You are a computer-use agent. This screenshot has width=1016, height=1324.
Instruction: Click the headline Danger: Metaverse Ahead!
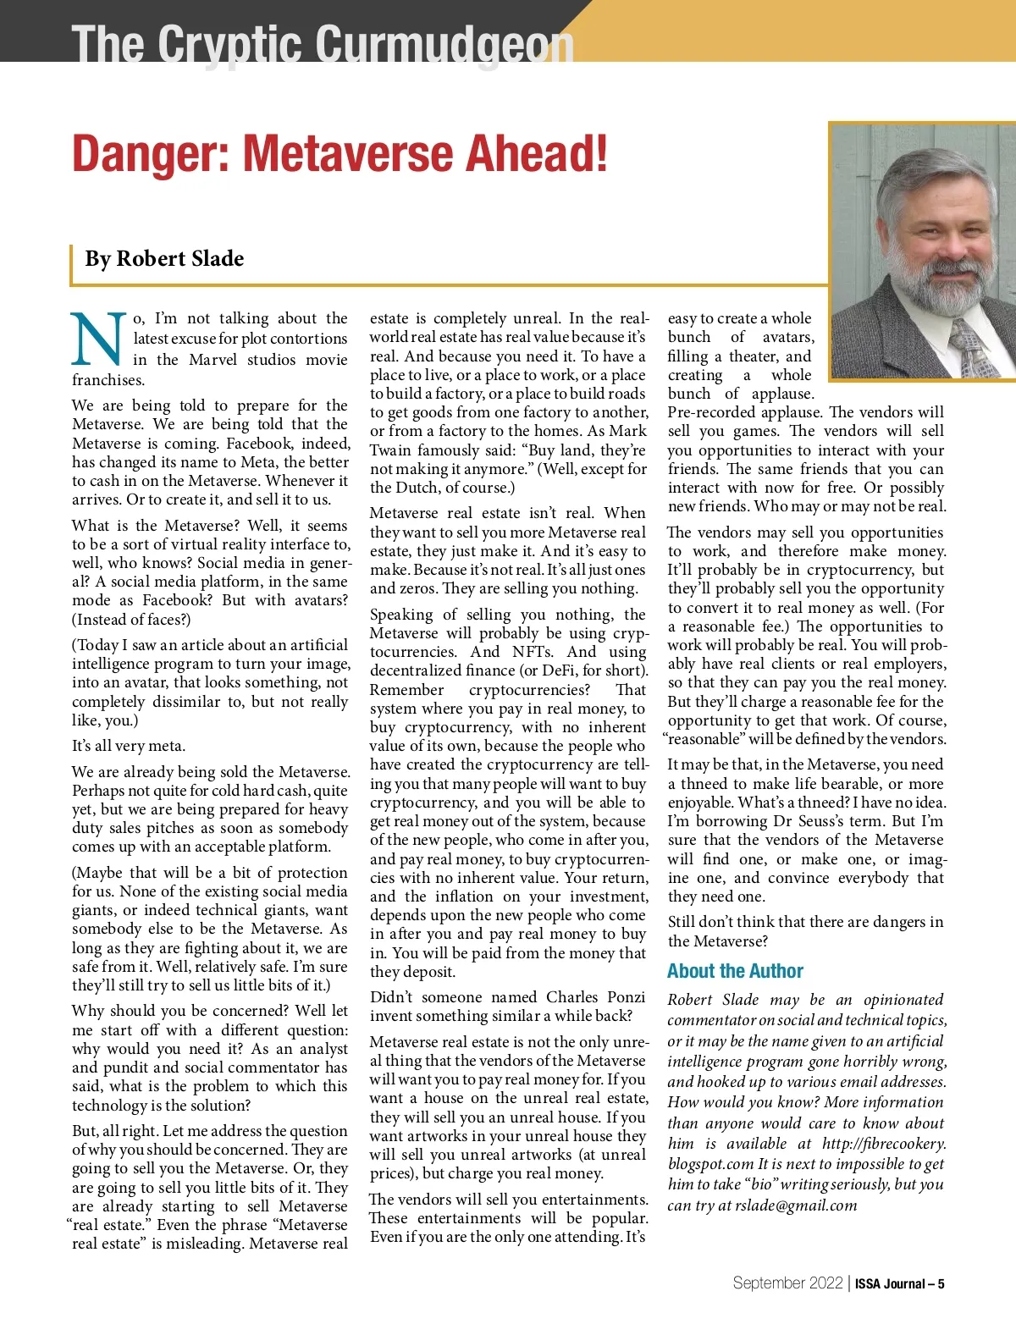(340, 153)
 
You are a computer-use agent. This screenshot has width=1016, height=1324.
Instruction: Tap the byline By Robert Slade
(164, 259)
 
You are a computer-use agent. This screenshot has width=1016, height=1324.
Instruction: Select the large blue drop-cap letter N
(99, 340)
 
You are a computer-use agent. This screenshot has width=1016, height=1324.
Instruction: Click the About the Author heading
(735, 971)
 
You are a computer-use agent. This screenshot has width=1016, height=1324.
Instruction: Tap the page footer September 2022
(787, 1283)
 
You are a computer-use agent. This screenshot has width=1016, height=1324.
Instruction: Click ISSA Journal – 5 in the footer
(899, 1283)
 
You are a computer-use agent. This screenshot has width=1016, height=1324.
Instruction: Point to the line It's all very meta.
(129, 746)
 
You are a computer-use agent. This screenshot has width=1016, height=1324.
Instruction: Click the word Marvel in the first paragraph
(213, 359)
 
